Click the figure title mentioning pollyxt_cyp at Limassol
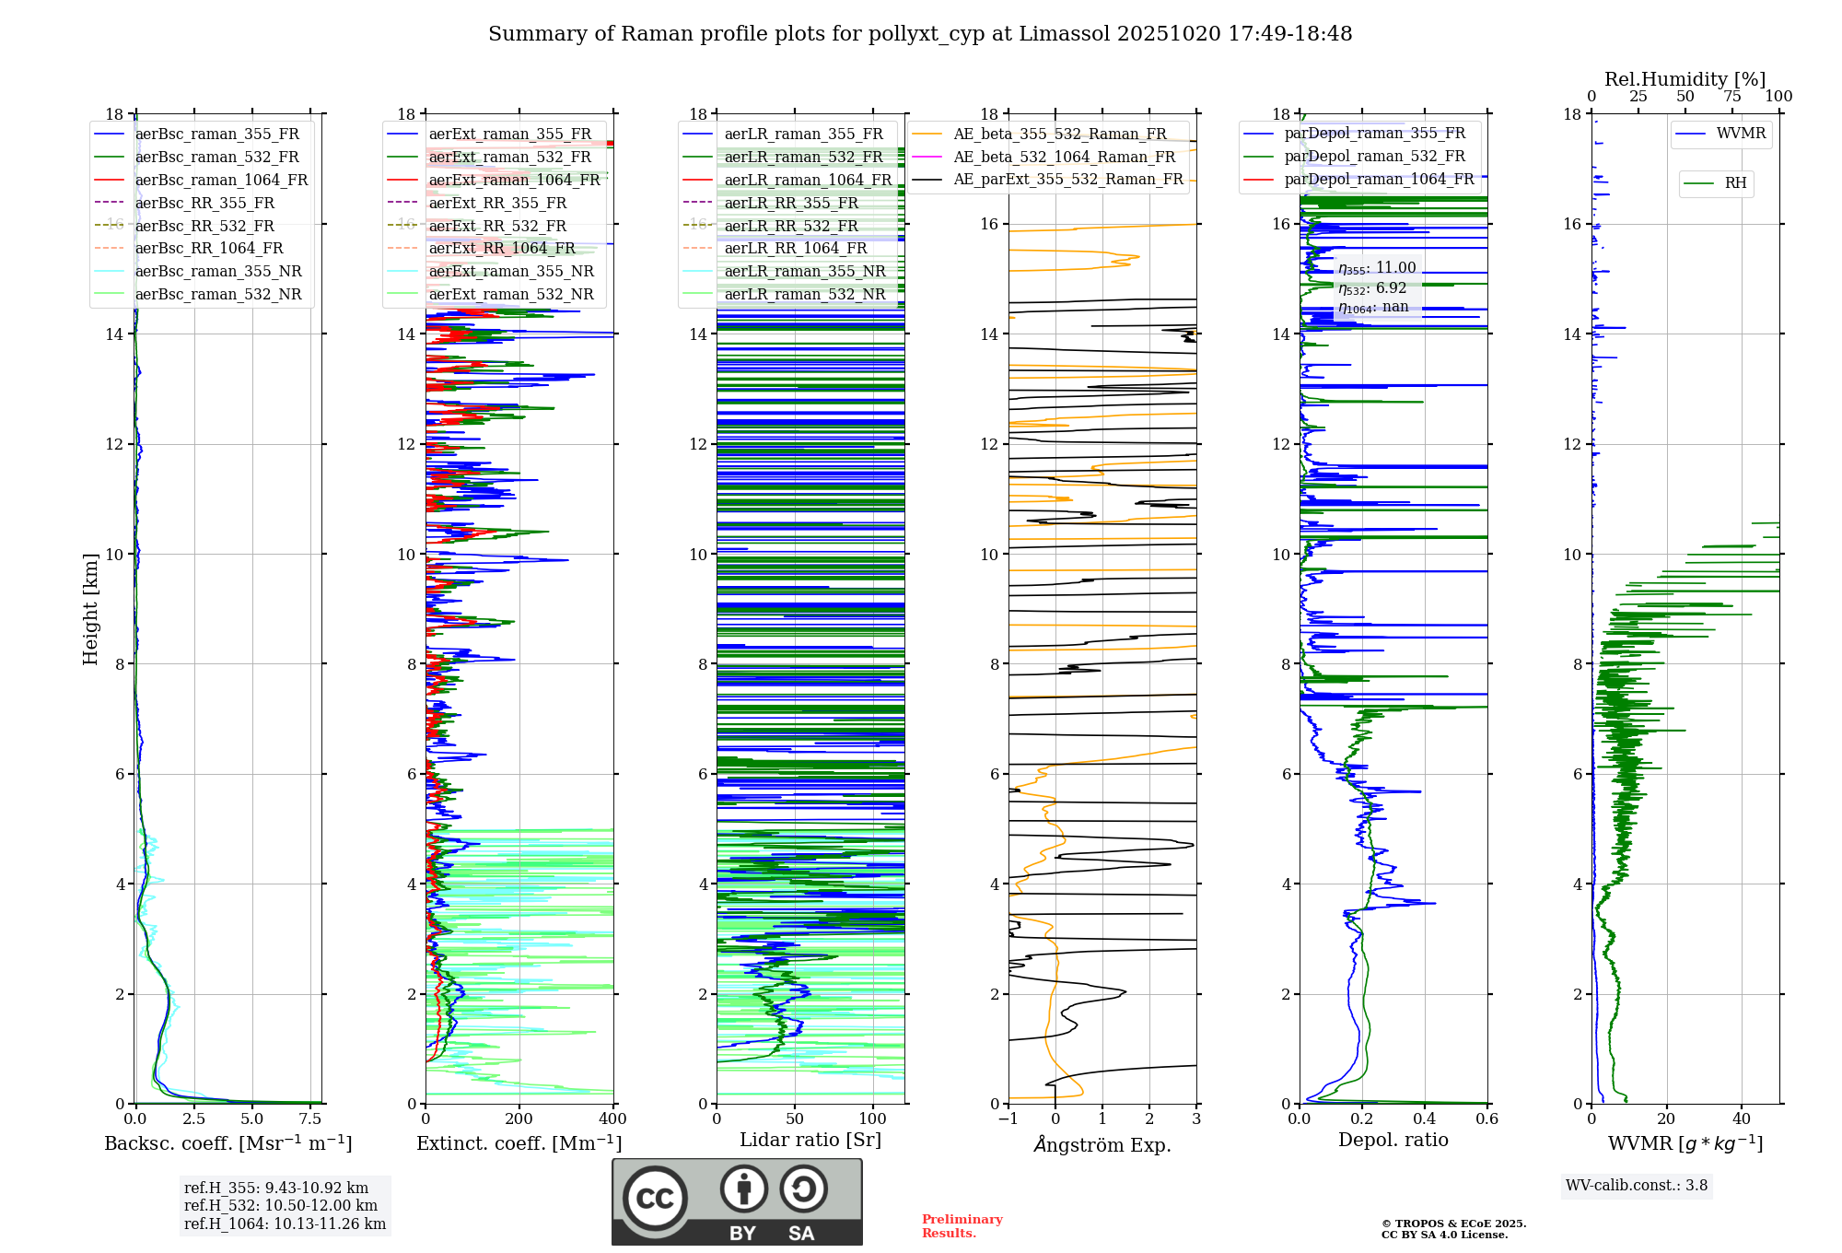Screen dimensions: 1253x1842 coord(919,34)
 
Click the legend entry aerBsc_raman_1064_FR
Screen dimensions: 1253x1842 coord(221,180)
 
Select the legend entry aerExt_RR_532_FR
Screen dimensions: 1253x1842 coord(497,226)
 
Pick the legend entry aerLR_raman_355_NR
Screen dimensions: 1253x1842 coord(804,271)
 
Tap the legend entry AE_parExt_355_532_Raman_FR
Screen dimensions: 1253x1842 coord(1068,179)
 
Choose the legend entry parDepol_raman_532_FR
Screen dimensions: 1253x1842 coord(1374,157)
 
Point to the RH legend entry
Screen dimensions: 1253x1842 coord(1735,183)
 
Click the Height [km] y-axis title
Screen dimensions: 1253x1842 coord(90,609)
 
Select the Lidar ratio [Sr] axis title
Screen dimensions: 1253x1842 coord(810,1140)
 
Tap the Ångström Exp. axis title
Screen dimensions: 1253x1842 coord(1102,1144)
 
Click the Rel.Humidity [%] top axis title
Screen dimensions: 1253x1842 coord(1685,79)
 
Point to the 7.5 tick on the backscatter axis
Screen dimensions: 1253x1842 coord(310,1118)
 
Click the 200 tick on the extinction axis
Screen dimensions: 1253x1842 coord(519,1118)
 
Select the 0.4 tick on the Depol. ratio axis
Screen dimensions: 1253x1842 coord(1425,1118)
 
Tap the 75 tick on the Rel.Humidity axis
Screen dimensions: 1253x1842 coord(1732,97)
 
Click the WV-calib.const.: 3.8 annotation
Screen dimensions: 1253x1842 coord(1637,1186)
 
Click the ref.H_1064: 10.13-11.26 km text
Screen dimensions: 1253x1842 coord(285,1224)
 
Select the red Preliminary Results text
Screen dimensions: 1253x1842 coord(962,1225)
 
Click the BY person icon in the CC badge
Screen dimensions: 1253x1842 coord(743,1189)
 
